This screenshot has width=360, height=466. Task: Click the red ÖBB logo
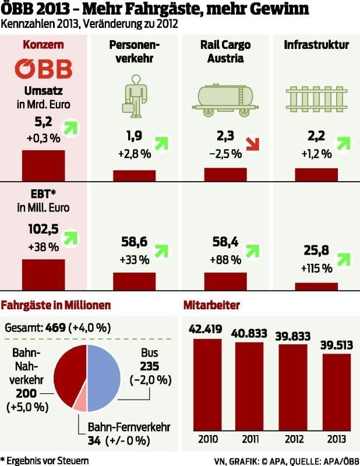click(44, 69)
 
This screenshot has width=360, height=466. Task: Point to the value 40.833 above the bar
click(250, 333)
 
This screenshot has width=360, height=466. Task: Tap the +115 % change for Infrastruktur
click(316, 269)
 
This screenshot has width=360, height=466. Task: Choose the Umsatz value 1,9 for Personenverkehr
click(134, 137)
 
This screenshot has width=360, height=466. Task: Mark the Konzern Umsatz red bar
click(43, 165)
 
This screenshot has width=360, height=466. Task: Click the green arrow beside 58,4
click(252, 250)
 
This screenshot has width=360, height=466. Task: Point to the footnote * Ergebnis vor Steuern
click(45, 460)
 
